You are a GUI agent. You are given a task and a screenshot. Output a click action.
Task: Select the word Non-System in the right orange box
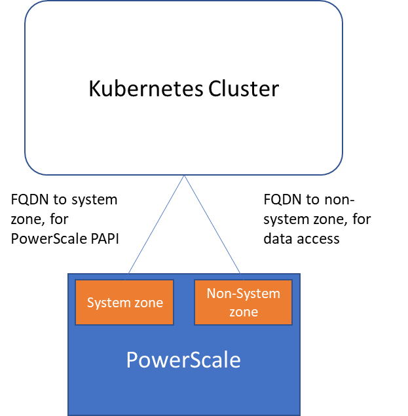coord(243,293)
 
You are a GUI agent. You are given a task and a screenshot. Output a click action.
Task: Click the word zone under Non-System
coord(243,312)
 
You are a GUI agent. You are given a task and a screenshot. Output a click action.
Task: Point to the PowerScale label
coord(183,360)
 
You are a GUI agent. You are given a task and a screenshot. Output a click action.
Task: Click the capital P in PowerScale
coord(132,360)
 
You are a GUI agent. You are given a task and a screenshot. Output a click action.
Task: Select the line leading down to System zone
coord(156,224)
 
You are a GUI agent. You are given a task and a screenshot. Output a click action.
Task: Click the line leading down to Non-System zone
coord(213,224)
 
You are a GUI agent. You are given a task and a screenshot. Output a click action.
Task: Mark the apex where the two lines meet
coord(184,176)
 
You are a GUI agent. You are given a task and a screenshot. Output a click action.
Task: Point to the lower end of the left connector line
coord(128,273)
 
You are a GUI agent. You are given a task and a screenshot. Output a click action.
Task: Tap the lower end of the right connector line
coord(242,273)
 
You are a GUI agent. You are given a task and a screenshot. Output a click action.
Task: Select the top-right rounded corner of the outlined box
coord(337,7)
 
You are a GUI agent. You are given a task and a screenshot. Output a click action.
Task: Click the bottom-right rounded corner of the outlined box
coord(337,169)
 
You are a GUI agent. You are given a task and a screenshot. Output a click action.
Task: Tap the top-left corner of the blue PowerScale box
coord(69,274)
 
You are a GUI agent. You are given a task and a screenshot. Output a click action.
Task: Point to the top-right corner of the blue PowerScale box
coord(299,274)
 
